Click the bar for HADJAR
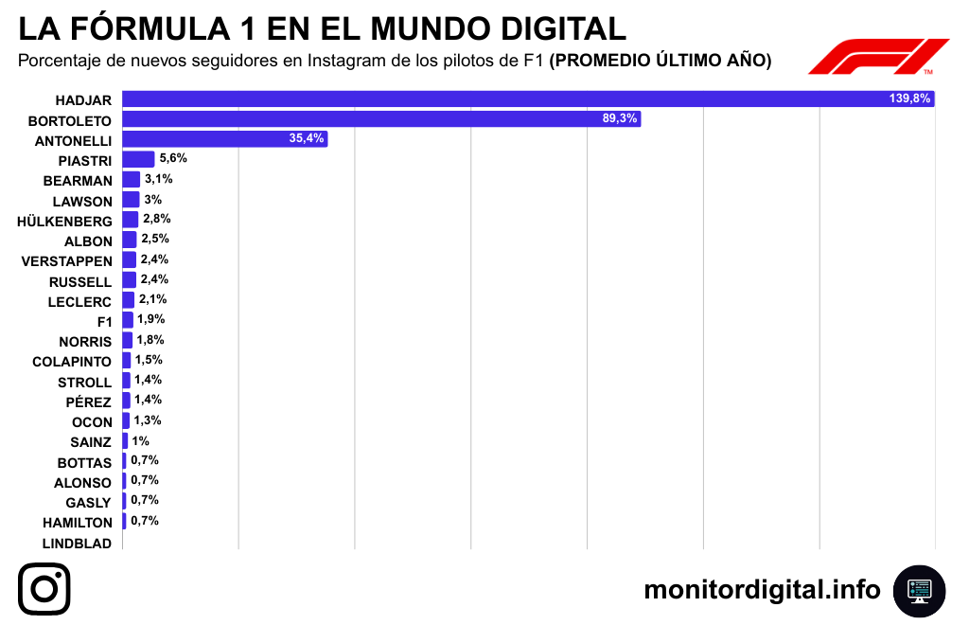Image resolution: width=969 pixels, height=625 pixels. click(x=528, y=98)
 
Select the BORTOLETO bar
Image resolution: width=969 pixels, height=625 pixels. click(x=381, y=119)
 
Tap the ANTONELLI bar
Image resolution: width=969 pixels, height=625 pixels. click(x=225, y=139)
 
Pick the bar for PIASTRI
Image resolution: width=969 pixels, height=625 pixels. click(x=138, y=159)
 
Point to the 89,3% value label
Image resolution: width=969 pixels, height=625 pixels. click(x=620, y=118)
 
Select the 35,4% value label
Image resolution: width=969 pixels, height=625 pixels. click(x=307, y=138)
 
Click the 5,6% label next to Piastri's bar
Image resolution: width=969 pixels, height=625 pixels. click(x=172, y=158)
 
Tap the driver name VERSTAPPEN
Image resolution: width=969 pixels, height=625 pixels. click(x=66, y=261)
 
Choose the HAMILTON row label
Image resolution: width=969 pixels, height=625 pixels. click(x=78, y=523)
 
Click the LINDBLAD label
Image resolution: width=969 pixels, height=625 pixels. click(x=78, y=544)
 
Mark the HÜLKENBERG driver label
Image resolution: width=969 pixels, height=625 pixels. click(x=64, y=222)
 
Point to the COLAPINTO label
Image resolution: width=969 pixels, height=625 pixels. click(x=72, y=362)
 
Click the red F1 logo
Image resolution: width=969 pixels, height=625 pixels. click(x=877, y=57)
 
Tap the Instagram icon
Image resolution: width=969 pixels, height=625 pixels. click(x=44, y=588)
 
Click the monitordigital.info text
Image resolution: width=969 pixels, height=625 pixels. click(x=762, y=590)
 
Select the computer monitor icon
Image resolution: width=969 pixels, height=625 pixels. click(x=919, y=590)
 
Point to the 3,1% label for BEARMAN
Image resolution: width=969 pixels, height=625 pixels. click(x=158, y=179)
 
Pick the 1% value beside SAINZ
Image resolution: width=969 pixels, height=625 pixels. click(x=141, y=440)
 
